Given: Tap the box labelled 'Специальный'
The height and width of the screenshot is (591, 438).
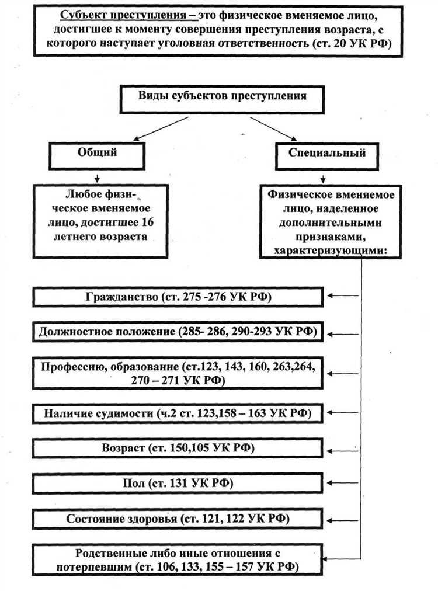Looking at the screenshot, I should click(x=327, y=153).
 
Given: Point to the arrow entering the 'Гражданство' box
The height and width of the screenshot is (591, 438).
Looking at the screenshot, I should click(x=343, y=296).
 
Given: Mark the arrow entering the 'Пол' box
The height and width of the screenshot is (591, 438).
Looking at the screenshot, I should click(x=343, y=482).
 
